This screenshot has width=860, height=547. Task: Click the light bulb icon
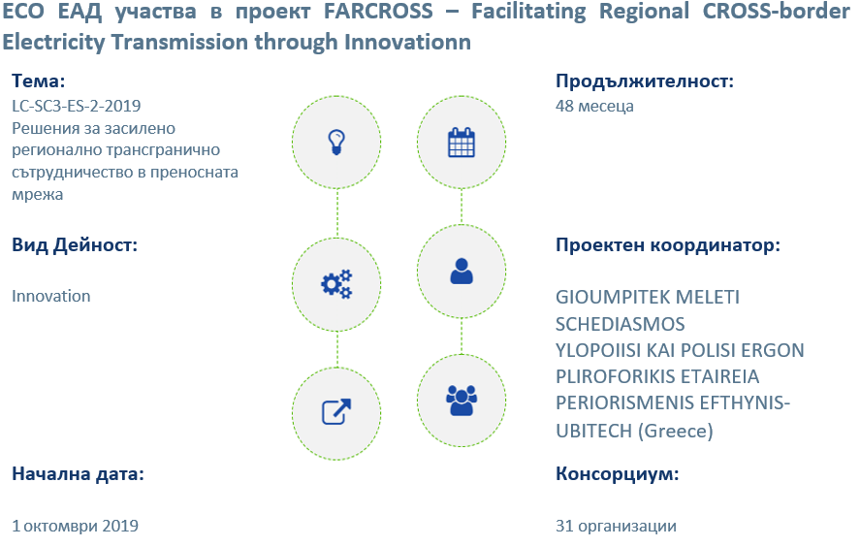pos(336,143)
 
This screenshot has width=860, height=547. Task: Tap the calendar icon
pos(462,143)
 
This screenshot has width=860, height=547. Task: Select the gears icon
pos(336,284)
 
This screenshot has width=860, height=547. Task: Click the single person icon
pos(462,271)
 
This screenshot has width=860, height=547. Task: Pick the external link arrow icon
pos(336,411)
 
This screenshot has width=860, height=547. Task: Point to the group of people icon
pos(462,400)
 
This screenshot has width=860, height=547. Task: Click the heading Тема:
pos(39,81)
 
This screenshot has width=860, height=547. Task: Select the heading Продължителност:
pos(645,81)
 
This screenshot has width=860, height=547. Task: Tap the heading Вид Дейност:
pos(75,244)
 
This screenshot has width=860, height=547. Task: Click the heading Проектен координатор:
pos(667,244)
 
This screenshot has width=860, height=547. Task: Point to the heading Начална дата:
pos(78,473)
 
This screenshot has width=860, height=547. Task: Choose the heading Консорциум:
pos(617,473)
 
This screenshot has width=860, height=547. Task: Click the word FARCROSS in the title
pos(378,11)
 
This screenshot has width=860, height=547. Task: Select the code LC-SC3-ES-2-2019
pos(77,106)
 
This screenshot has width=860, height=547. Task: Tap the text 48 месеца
pos(594,106)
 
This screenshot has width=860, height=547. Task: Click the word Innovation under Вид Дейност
pos(51,296)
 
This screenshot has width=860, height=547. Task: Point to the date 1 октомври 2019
pos(75,526)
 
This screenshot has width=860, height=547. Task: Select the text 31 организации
pos(616,526)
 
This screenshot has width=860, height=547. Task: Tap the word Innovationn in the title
pos(407,42)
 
